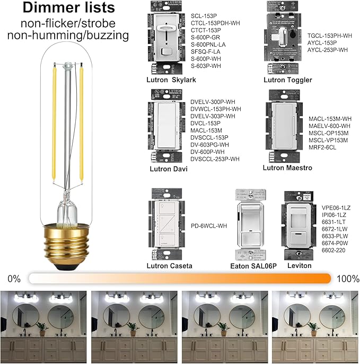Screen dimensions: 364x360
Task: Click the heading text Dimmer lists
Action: (x=68, y=8)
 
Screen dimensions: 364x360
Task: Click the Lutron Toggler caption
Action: (x=288, y=80)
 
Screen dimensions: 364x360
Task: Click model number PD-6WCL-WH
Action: (x=209, y=226)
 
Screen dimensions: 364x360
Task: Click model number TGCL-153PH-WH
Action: (x=330, y=36)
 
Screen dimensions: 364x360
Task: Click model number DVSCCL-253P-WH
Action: (x=215, y=159)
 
